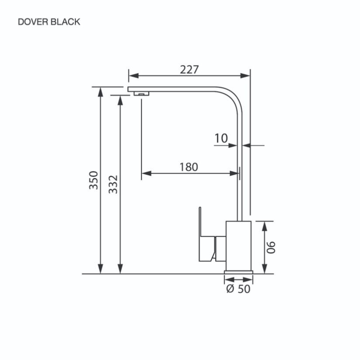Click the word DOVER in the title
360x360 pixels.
(33, 22)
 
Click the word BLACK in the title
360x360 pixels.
(65, 22)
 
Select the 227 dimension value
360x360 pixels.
(189, 69)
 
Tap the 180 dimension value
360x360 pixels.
(189, 167)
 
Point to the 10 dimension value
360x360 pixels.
(221, 138)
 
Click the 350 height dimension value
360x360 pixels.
(94, 180)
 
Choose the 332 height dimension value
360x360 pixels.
(113, 184)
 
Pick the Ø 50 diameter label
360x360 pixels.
(238, 288)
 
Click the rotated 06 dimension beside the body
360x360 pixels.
(271, 247)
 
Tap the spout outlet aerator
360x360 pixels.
(141, 94)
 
